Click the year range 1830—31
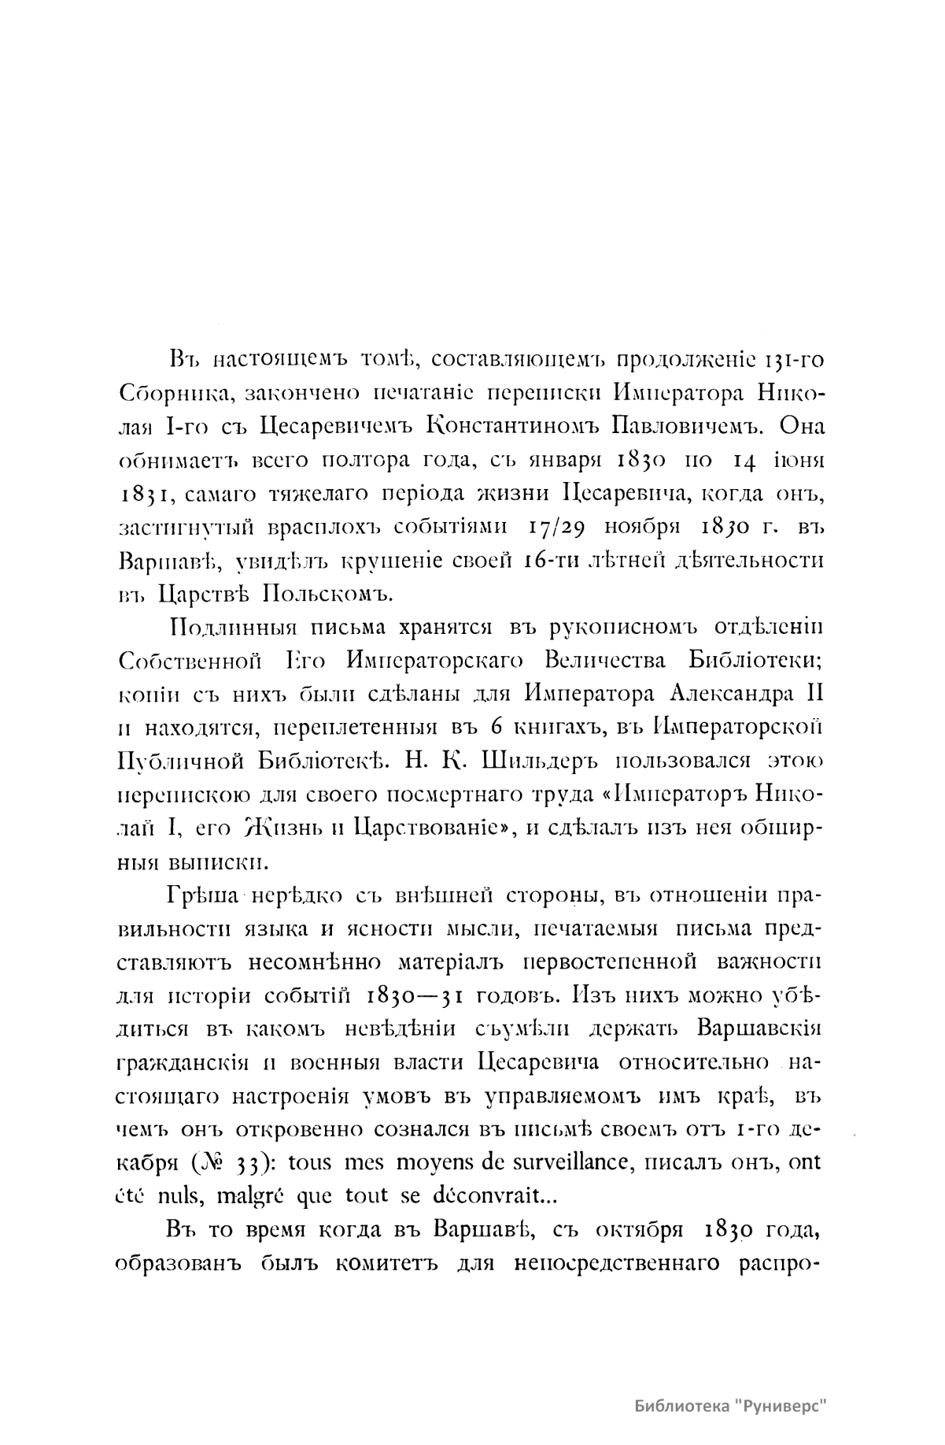(414, 995)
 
